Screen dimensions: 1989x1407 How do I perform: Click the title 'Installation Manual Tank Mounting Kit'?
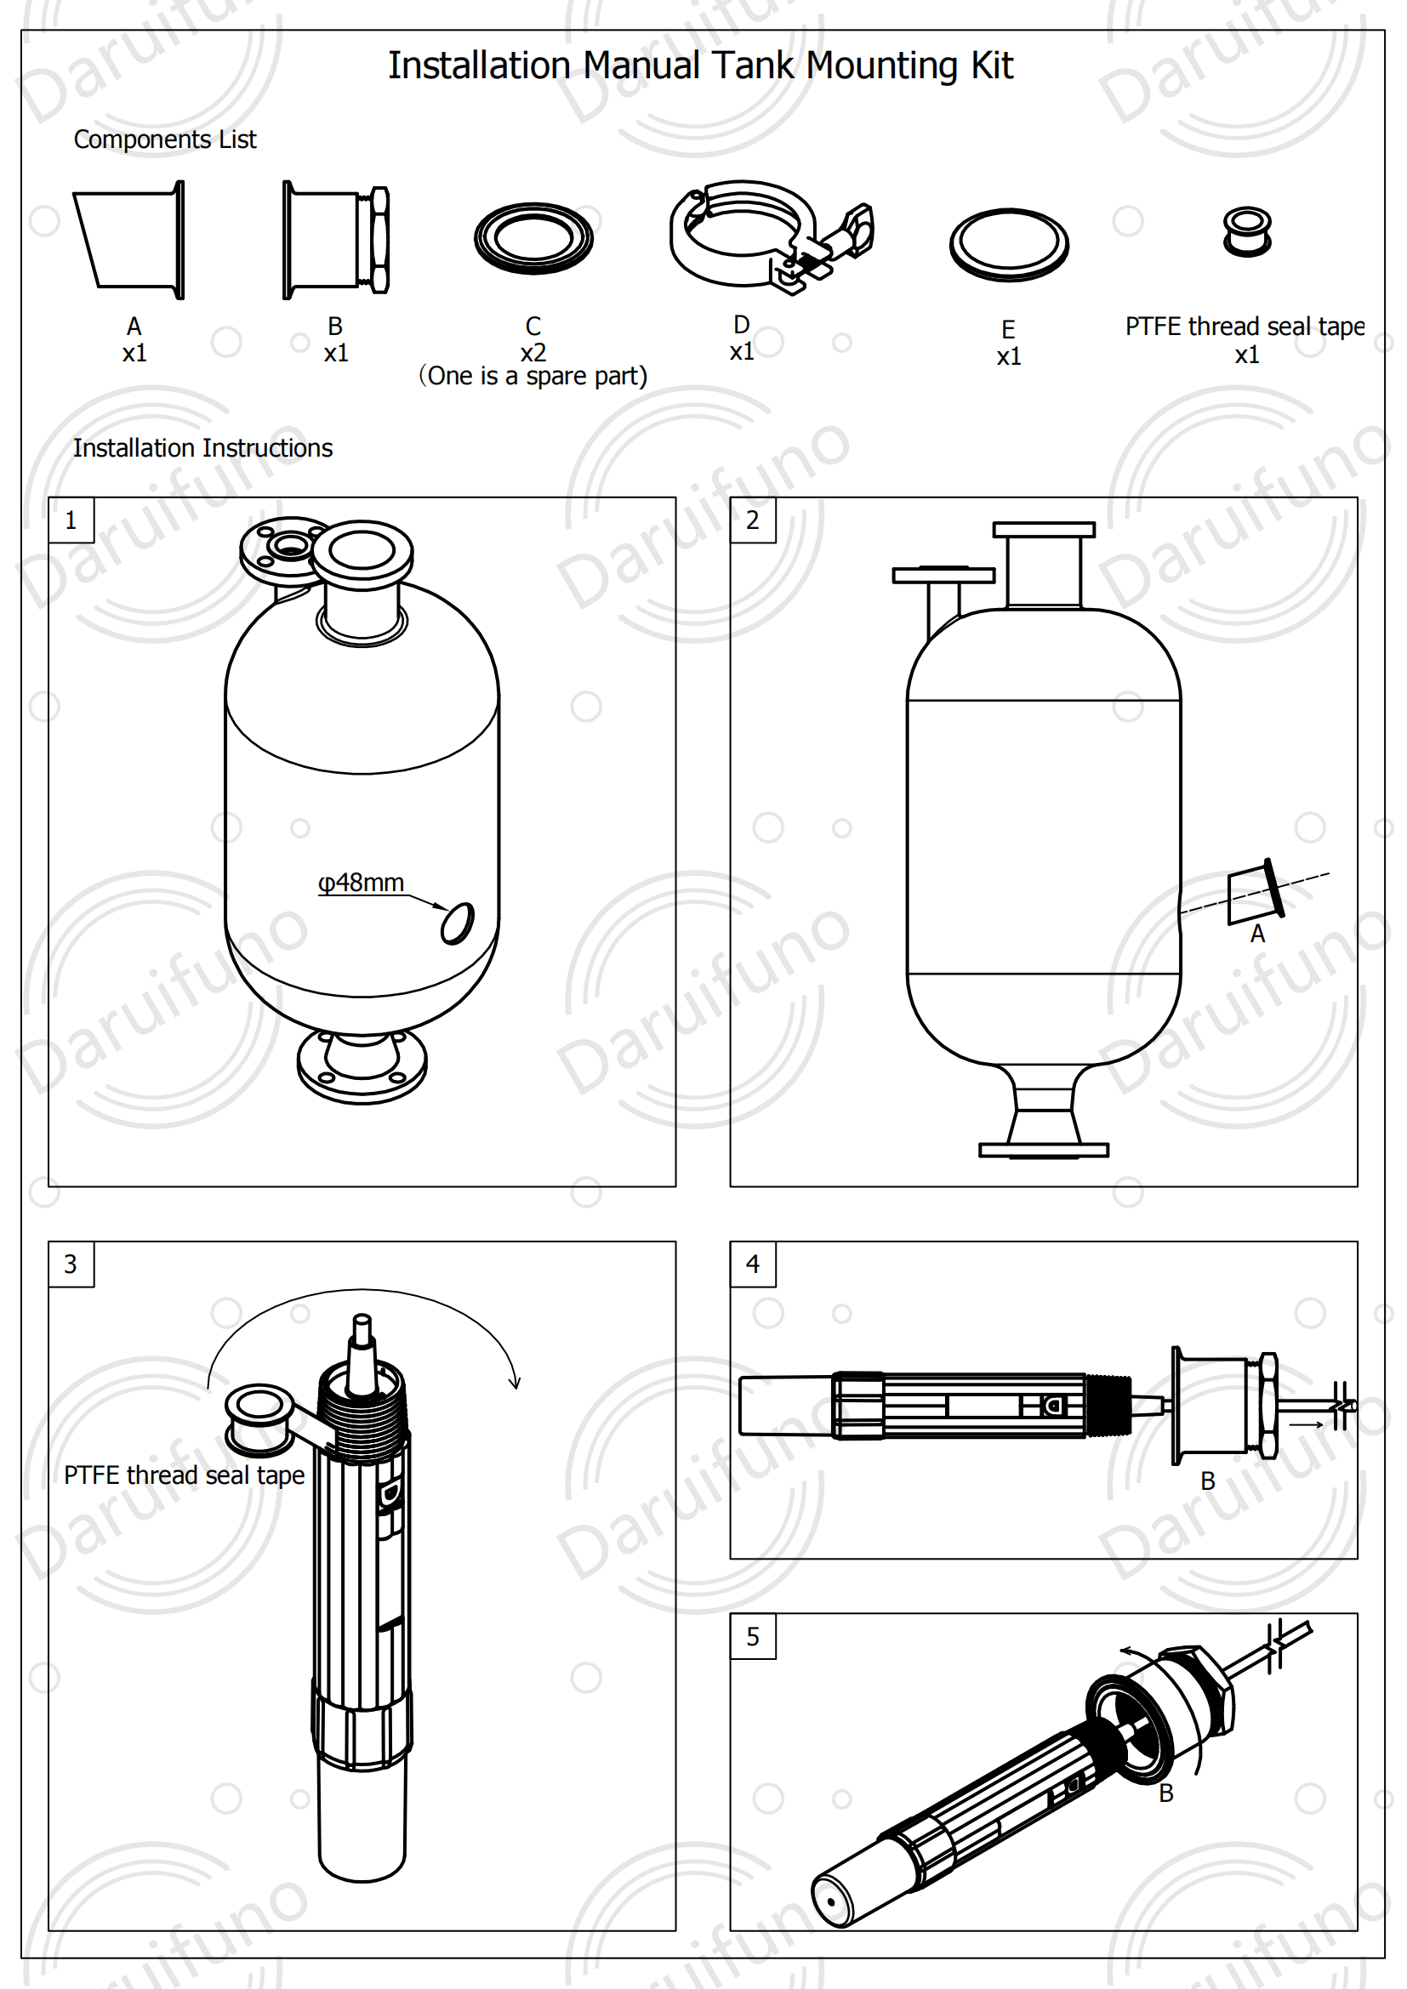[x=700, y=65]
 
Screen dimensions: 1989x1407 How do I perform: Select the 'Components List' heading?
[x=165, y=139]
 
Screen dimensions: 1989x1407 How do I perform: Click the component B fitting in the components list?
[x=336, y=240]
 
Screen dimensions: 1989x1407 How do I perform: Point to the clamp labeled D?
[x=762, y=234]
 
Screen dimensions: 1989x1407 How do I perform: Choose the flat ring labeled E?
[x=1009, y=244]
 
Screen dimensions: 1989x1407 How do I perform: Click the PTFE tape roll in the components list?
[x=1247, y=231]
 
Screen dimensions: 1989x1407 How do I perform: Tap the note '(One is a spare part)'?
[x=533, y=377]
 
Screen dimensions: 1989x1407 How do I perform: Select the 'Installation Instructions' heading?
[x=202, y=448]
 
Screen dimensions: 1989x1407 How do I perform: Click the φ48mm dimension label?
[x=361, y=883]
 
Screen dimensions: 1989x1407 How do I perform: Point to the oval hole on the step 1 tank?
[x=458, y=923]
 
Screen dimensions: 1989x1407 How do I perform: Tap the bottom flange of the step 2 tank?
[x=1043, y=1151]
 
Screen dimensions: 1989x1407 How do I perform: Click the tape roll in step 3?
[x=259, y=1419]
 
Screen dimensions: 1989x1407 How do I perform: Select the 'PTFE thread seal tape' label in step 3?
[x=184, y=1475]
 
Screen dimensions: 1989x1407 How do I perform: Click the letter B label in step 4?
[x=1208, y=1481]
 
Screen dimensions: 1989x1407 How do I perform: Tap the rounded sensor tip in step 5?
[x=833, y=1901]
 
